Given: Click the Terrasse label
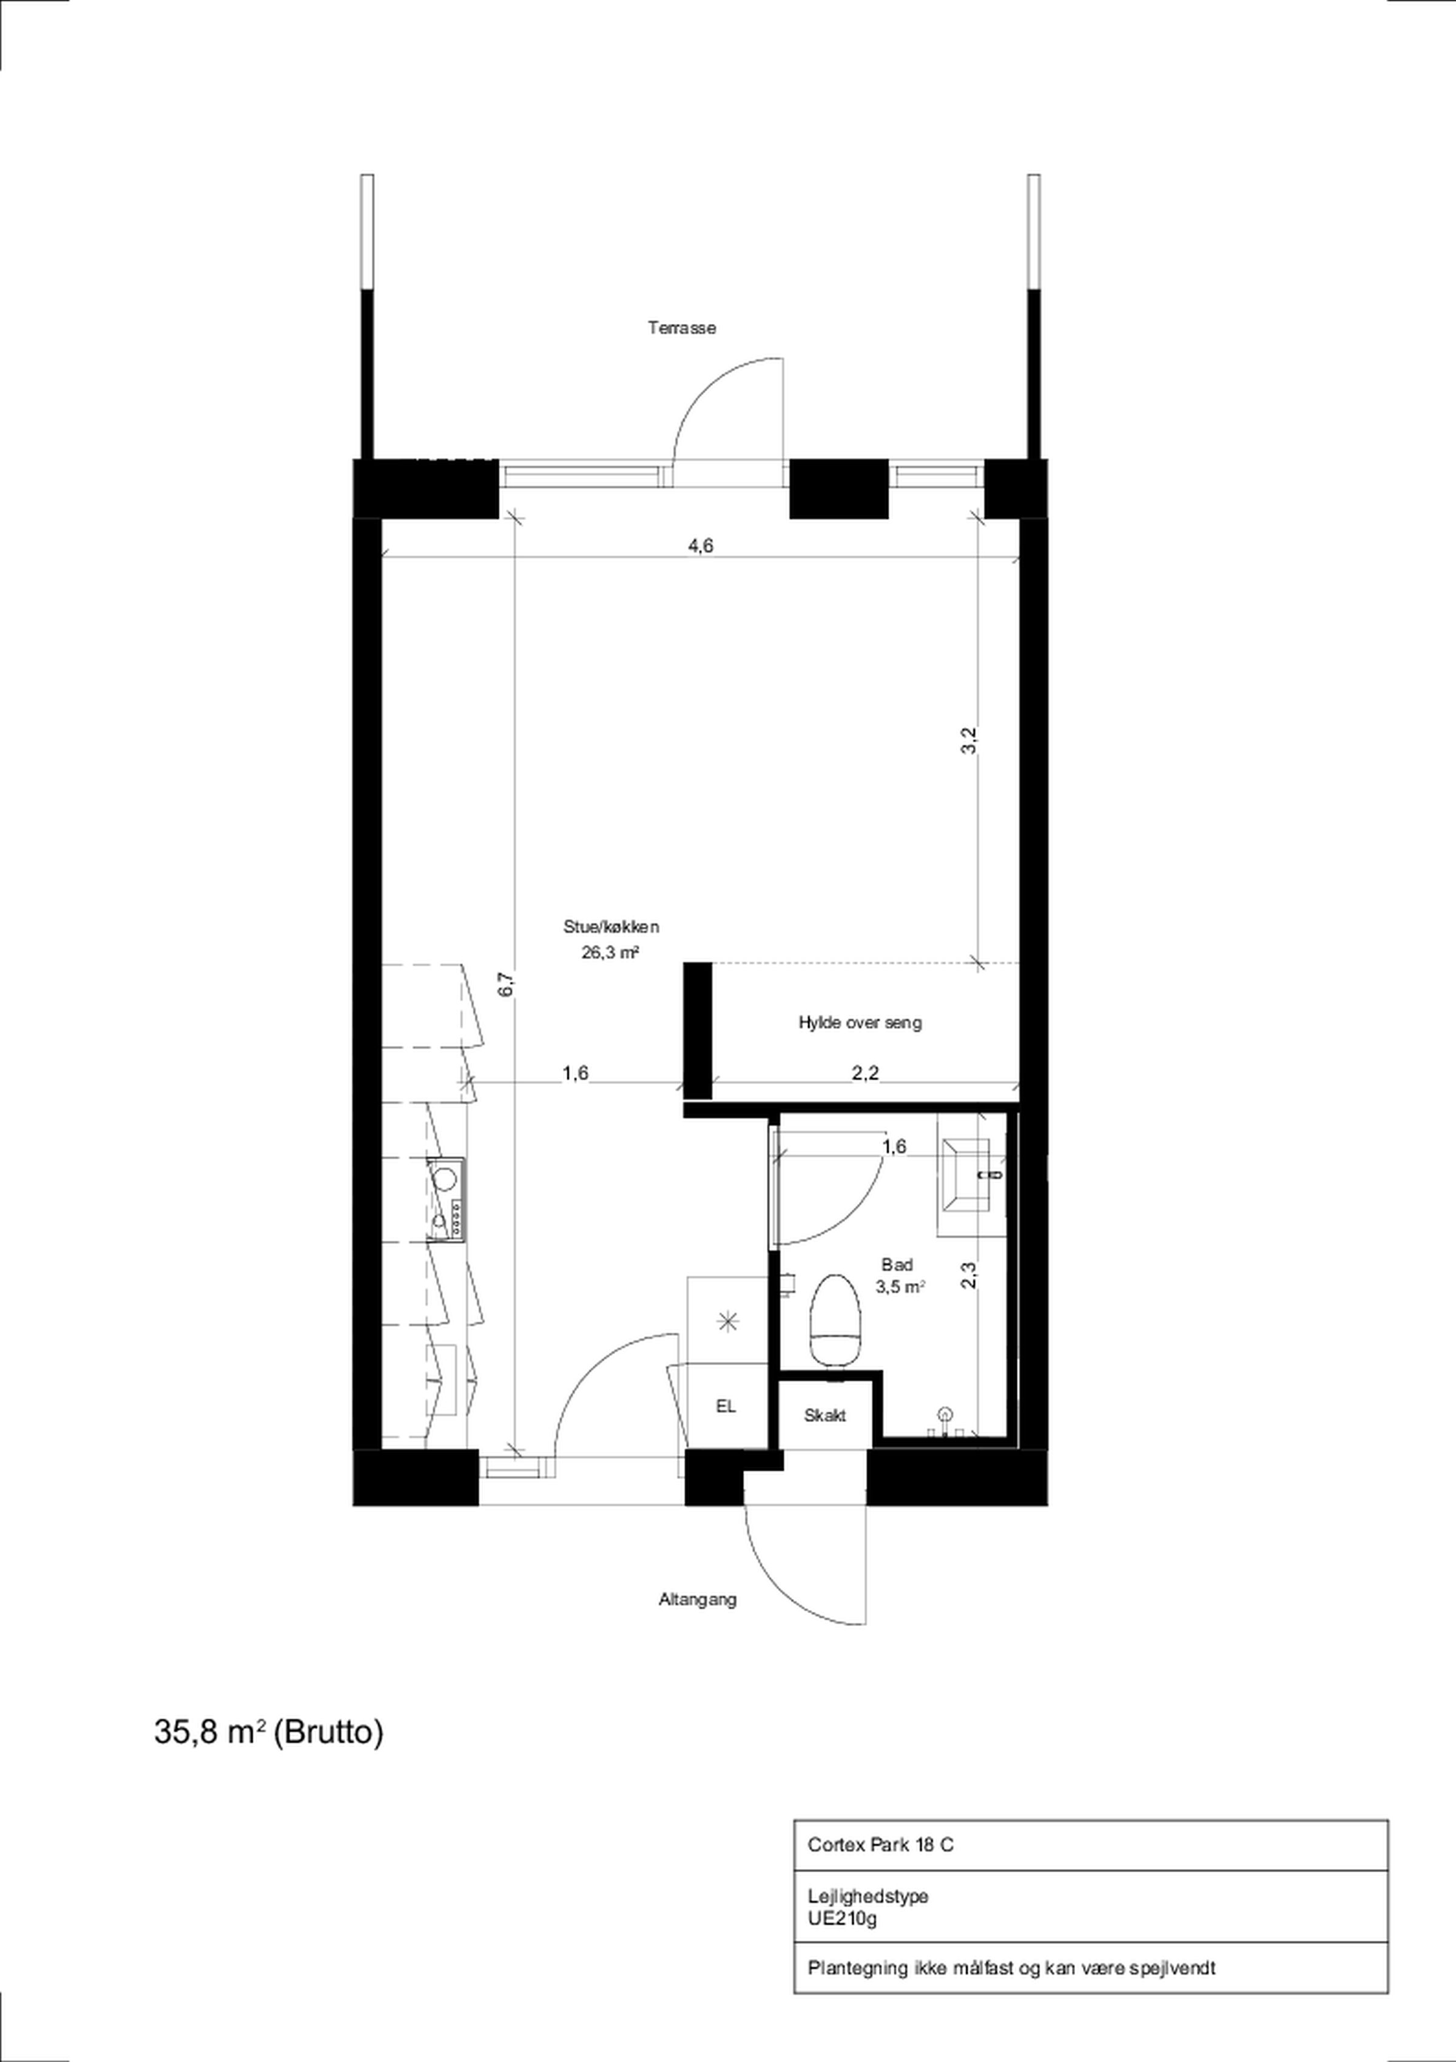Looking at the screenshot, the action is [682, 328].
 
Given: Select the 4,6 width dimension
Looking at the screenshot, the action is [701, 545].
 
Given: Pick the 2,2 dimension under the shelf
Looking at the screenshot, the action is [865, 1073].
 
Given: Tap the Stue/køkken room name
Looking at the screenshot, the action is [611, 927].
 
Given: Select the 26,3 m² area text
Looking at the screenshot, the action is [610, 952].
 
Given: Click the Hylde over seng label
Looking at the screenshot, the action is [860, 1022].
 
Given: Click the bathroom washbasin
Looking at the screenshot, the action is [971, 1174].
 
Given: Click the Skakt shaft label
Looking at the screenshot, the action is [824, 1415].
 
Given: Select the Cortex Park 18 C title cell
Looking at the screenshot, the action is [880, 1845].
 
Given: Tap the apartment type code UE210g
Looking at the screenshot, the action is [841, 1918].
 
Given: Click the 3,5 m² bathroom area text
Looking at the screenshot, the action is [901, 1287].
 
